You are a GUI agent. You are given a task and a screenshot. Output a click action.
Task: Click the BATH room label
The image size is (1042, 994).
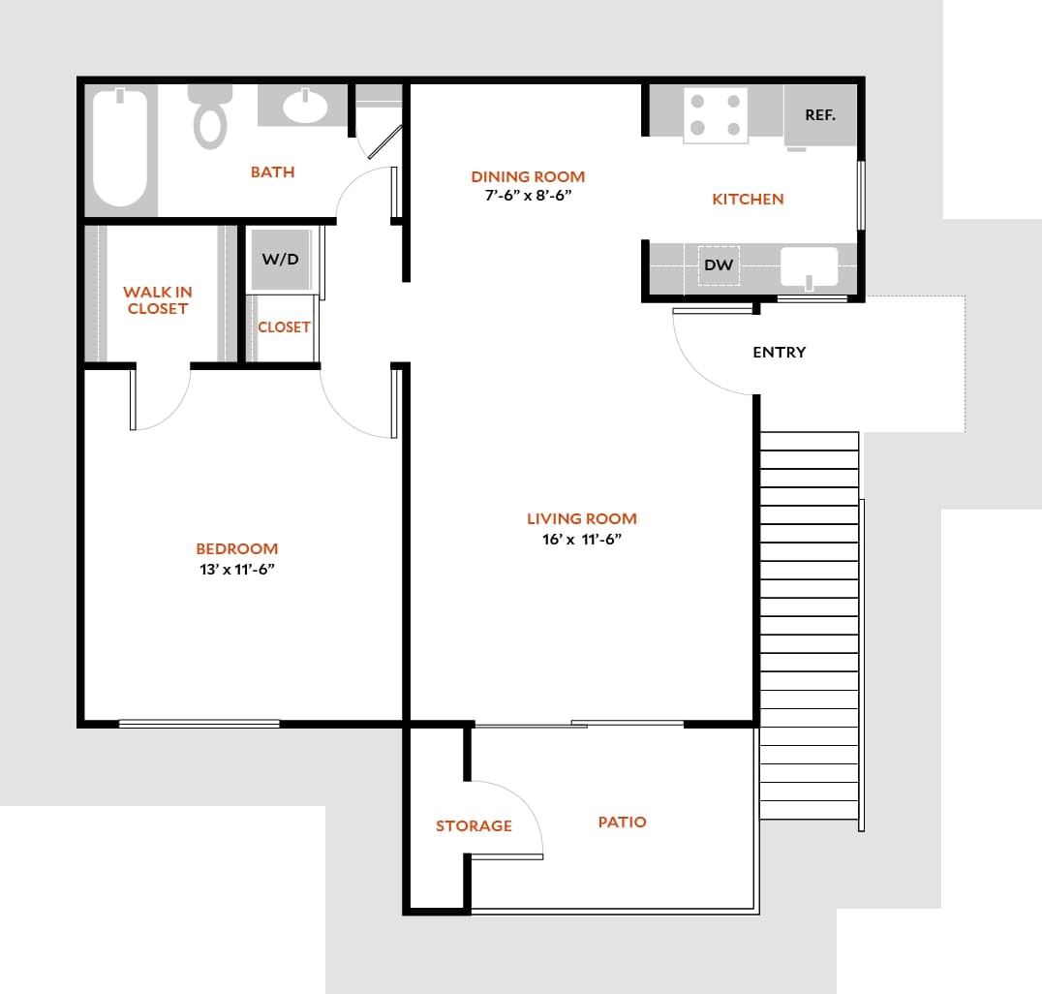point(272,172)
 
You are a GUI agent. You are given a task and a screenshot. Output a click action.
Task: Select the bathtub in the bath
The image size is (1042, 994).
point(121,148)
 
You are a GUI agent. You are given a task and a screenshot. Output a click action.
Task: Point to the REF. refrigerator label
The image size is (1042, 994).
point(819,114)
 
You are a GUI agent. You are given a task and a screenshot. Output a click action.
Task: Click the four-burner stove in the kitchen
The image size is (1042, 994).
point(715,115)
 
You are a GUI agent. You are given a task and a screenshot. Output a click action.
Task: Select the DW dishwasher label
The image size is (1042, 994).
point(718,264)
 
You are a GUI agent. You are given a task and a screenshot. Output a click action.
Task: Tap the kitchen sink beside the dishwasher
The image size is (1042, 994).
point(809,266)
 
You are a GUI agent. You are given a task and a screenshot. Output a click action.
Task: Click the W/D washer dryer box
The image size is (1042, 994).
point(281,260)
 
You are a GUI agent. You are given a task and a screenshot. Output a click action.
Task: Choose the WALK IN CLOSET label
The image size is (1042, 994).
point(157,300)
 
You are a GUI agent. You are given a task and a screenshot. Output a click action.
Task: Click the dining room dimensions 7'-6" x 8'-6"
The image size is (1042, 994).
point(528,195)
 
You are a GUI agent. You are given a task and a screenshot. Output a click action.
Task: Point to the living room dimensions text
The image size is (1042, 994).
point(581,540)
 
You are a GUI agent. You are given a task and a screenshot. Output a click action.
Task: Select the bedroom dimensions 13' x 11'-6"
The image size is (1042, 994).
point(236,570)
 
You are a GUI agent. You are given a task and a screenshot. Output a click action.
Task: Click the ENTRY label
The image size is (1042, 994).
point(779,353)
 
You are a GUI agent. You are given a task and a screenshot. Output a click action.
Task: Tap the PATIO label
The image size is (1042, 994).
point(622,823)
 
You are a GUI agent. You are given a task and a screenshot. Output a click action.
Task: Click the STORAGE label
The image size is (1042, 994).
point(474,826)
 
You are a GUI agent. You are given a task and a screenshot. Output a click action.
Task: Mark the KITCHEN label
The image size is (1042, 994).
point(748,200)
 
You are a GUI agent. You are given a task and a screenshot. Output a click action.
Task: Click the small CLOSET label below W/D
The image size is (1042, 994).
point(284,327)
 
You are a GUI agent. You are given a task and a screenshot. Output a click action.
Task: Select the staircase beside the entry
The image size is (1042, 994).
point(809,620)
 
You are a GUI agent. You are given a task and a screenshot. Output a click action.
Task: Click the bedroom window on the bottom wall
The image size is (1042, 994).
point(199,724)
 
